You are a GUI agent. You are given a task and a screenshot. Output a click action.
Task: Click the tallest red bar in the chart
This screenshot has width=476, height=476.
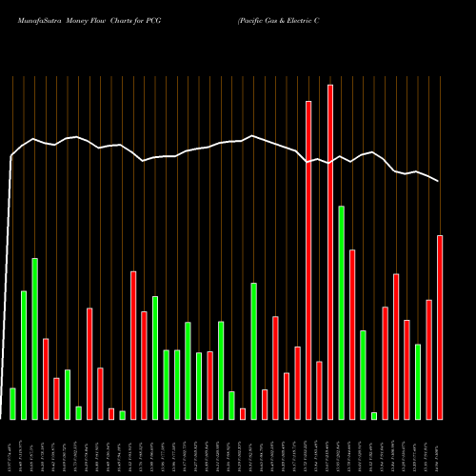[x=330, y=251]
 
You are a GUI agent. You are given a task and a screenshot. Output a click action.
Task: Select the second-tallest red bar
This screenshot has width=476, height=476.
[x=308, y=259]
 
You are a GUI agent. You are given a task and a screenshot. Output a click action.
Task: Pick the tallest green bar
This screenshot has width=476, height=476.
[x=341, y=312]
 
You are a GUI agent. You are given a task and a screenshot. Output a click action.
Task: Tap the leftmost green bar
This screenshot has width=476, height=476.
[x=12, y=403]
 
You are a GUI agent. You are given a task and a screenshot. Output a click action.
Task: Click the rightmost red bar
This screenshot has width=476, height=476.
[x=440, y=327]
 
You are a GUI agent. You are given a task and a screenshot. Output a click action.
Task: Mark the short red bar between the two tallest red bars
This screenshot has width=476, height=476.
[x=319, y=390]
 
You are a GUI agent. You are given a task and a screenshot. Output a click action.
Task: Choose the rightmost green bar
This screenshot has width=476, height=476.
[x=418, y=381]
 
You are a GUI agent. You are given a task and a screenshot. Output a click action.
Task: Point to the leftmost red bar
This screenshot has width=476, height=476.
[x=46, y=378]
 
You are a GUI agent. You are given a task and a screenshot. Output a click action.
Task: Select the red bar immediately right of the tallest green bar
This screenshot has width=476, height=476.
[x=352, y=334]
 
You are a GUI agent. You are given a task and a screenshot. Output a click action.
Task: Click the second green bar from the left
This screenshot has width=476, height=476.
[x=24, y=354]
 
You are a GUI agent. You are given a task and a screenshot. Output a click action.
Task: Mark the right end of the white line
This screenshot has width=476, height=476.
[x=440, y=181]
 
